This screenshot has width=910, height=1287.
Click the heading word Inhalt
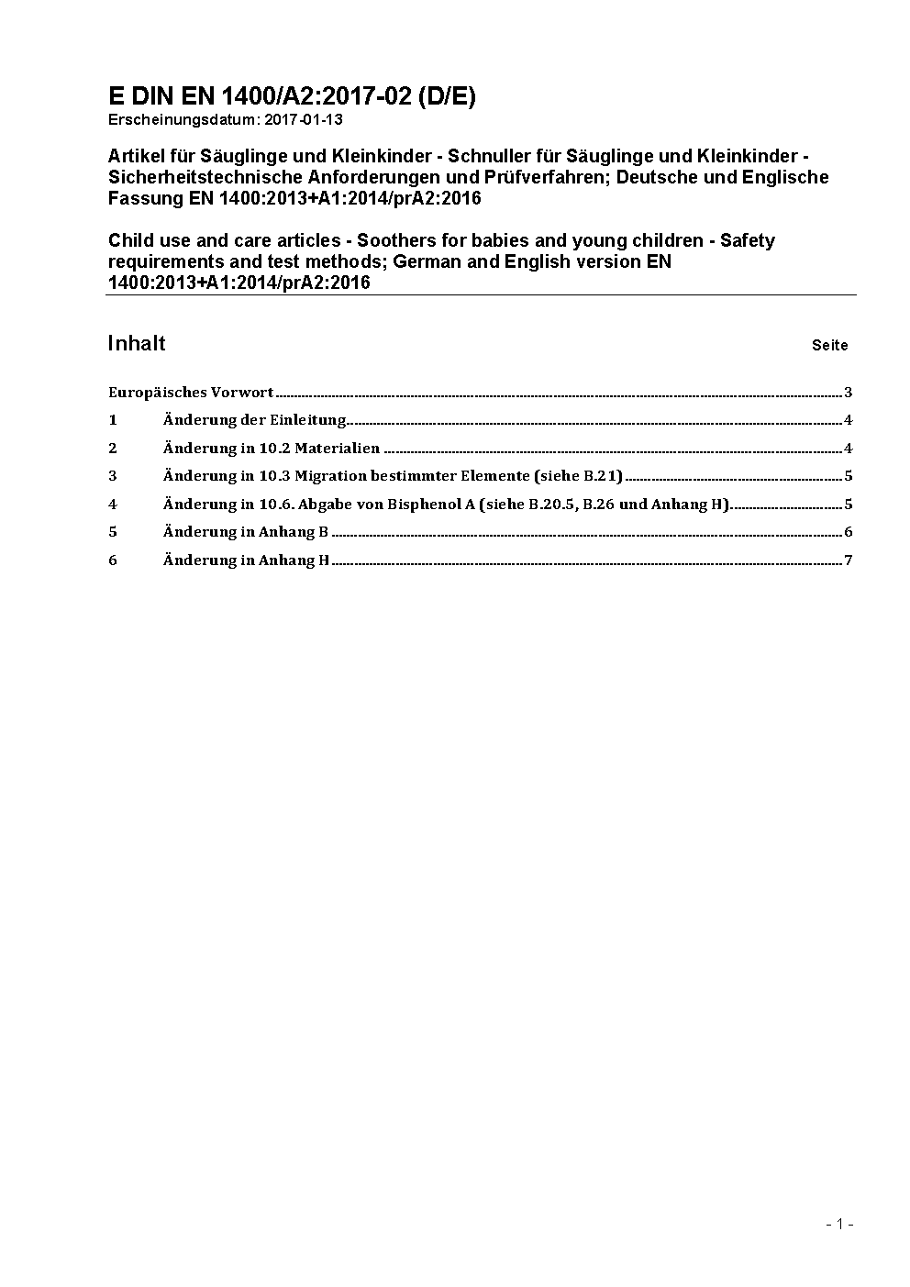[x=136, y=343]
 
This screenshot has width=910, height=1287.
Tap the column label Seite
[x=829, y=346]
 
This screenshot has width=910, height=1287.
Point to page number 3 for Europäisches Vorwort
[x=849, y=393]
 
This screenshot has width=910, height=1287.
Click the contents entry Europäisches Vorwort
[x=190, y=393]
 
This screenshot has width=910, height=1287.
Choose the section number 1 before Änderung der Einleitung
[x=113, y=420]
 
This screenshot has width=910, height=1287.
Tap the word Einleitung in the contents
[x=307, y=420]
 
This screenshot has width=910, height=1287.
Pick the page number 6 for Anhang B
[x=849, y=532]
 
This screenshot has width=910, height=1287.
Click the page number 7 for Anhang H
[x=849, y=560]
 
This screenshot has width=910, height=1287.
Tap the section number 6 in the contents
[x=113, y=560]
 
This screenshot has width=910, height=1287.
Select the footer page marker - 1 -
[x=839, y=1224]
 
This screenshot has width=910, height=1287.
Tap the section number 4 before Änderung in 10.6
[x=113, y=504]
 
